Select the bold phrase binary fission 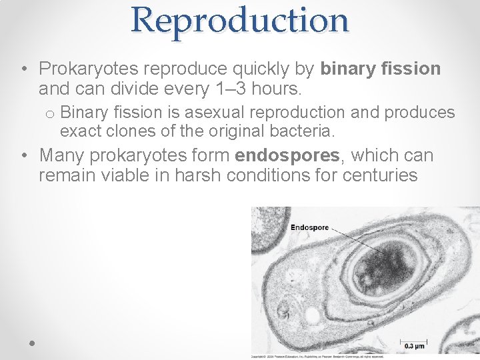(381, 69)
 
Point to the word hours (275, 87)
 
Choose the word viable (119, 175)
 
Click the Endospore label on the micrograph (309, 227)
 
